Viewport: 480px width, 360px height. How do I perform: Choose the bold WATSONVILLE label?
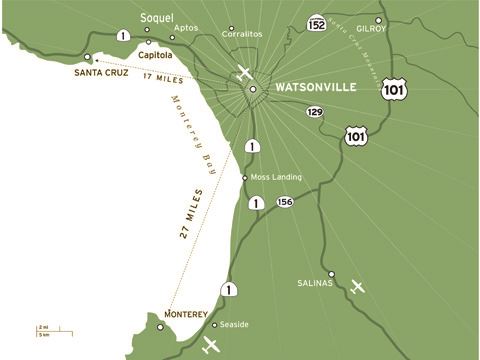316,88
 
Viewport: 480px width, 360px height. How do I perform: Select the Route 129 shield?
315,113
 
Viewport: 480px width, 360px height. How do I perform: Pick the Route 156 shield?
285,202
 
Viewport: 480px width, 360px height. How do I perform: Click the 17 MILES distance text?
160,76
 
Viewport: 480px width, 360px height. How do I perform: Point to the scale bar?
44,329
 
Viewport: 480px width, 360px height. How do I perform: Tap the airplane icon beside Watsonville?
244,73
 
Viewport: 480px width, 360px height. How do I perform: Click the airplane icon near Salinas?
358,287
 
